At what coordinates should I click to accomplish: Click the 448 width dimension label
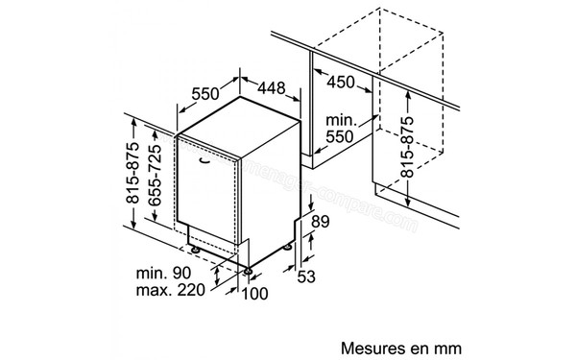270,89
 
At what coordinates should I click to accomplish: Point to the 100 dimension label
254,294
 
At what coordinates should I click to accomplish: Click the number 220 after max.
189,294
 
